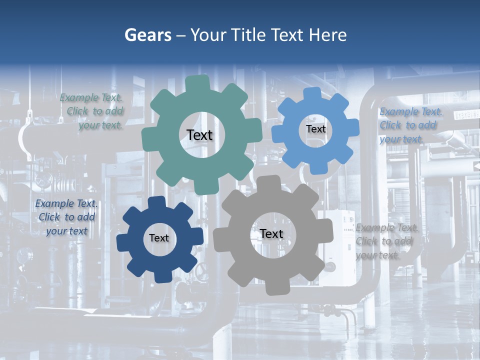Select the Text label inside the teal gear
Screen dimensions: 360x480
pos(199,135)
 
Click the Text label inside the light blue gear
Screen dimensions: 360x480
pos(315,129)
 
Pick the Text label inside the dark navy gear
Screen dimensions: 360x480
pos(159,238)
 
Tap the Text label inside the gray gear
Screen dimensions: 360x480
pos(271,234)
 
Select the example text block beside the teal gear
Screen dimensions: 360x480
pos(92,111)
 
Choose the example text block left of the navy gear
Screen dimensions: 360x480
pos(66,217)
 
